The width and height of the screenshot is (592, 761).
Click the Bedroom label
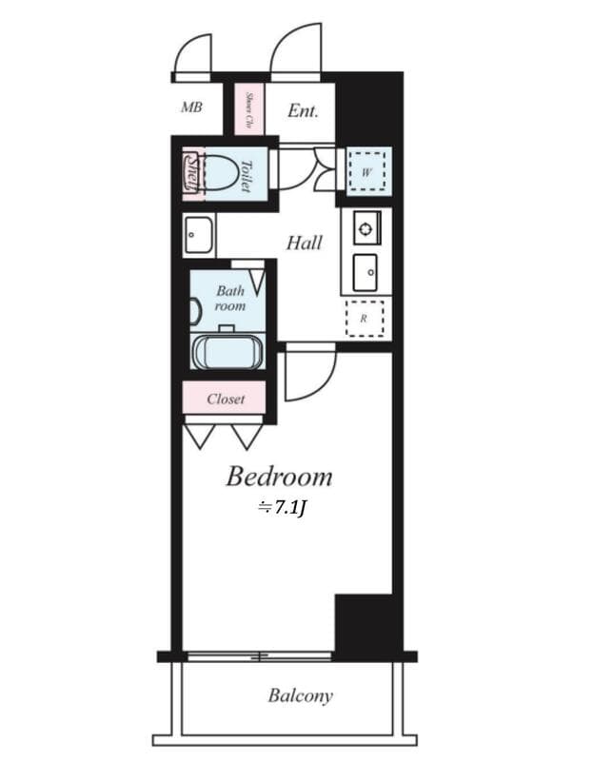pos(279,476)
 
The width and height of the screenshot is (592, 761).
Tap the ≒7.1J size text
pos(281,509)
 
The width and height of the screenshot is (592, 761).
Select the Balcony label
pos(300,695)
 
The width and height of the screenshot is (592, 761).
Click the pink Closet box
pos(225,399)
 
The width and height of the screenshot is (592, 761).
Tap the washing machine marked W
pos(367,172)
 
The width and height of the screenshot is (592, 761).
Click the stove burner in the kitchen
pos(366,227)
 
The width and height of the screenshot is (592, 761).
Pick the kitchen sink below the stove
pos(365,273)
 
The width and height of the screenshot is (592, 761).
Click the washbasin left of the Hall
pos(199,234)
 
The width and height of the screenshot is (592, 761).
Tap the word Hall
pos(304,244)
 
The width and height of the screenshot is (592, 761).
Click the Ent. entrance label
pos(303,110)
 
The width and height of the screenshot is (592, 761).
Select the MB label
pos(191,107)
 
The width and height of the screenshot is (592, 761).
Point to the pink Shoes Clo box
pos(248,109)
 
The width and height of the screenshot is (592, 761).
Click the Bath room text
pos(229,298)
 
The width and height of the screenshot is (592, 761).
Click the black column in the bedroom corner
pos(364,624)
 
